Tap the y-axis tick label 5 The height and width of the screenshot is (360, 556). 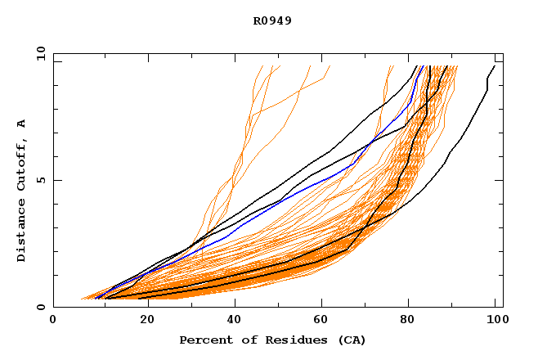pyautogui.click(x=40, y=180)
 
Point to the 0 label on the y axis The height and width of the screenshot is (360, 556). pyautogui.click(x=40, y=307)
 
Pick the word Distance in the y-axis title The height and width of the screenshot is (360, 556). pyautogui.click(x=22, y=233)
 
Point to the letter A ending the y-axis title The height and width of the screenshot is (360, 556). pyautogui.click(x=22, y=124)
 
